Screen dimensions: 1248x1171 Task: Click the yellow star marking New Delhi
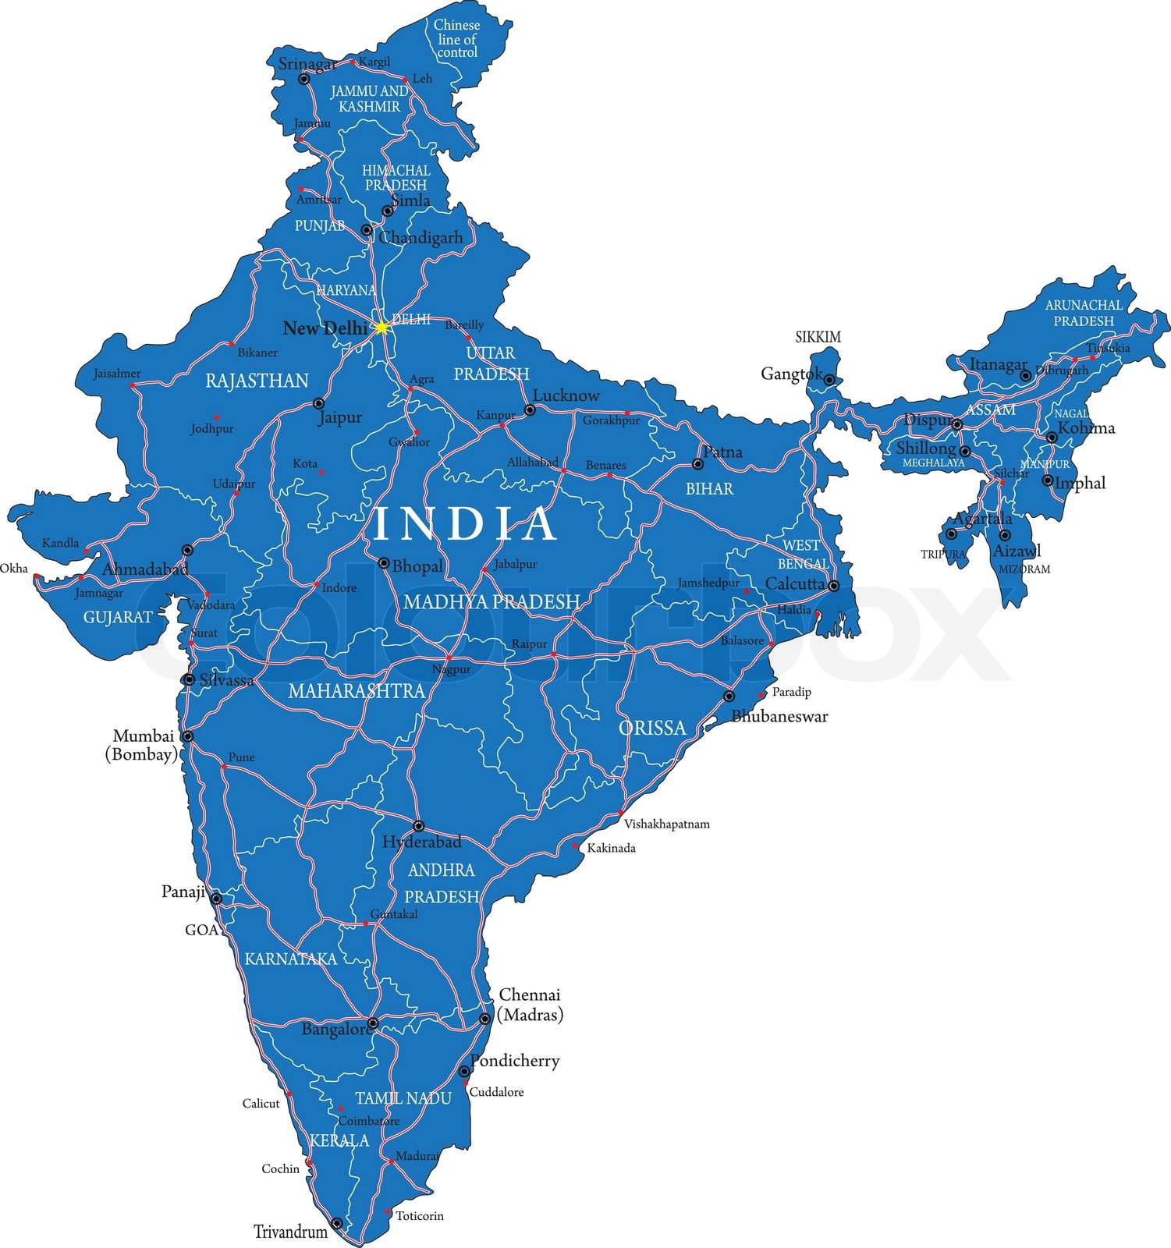click(381, 328)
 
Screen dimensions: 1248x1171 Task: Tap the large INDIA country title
click(466, 524)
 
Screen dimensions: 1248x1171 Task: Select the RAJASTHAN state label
click(257, 381)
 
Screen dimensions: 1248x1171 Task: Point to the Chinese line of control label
click(457, 39)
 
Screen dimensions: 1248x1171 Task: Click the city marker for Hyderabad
click(418, 826)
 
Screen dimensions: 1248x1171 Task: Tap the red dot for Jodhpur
click(217, 417)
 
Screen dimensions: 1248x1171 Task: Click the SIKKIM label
click(818, 337)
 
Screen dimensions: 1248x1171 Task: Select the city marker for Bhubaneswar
click(729, 696)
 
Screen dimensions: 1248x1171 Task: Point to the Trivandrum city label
click(290, 1232)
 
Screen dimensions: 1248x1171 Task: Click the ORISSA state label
click(652, 728)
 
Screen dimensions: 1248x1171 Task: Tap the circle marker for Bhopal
click(384, 562)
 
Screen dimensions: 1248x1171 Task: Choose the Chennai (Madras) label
click(530, 1005)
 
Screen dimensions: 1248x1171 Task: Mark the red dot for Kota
click(321, 472)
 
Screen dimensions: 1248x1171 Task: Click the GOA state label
click(200, 930)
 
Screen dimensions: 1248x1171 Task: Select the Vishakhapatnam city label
click(666, 824)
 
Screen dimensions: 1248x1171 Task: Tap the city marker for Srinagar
click(304, 79)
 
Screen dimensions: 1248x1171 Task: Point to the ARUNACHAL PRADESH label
click(1084, 313)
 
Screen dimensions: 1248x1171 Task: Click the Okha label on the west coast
click(13, 568)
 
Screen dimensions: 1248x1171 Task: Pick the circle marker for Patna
click(698, 464)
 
